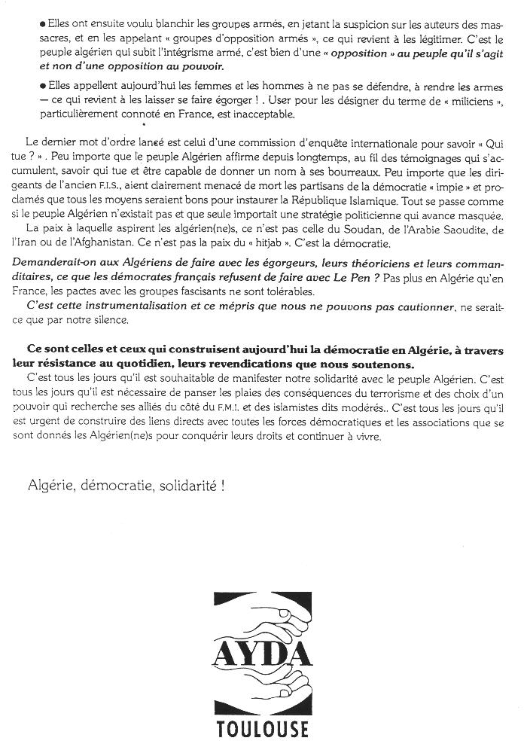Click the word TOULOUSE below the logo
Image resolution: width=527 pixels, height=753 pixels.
pos(262,729)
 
